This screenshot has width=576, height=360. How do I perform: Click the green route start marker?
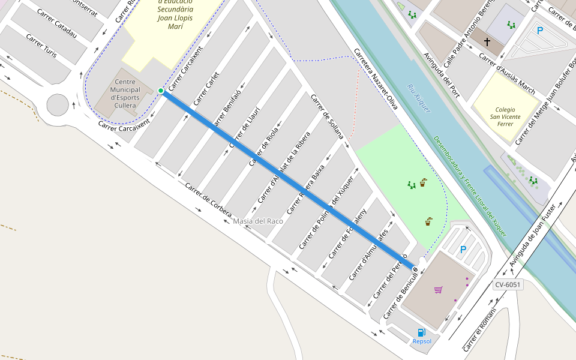161,91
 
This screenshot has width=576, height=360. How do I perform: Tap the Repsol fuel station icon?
422,332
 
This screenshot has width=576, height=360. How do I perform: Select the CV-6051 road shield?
508,284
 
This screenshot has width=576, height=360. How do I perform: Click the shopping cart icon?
439,290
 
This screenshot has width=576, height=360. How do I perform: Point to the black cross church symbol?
487,42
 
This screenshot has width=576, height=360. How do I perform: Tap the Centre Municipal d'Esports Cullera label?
125,94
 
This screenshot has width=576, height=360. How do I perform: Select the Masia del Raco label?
258,221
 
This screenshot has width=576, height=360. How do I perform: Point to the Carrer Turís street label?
41,46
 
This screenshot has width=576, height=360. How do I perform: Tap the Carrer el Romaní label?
480,329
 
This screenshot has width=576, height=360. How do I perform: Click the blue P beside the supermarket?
463,250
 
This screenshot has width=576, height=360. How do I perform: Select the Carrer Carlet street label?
206,89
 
